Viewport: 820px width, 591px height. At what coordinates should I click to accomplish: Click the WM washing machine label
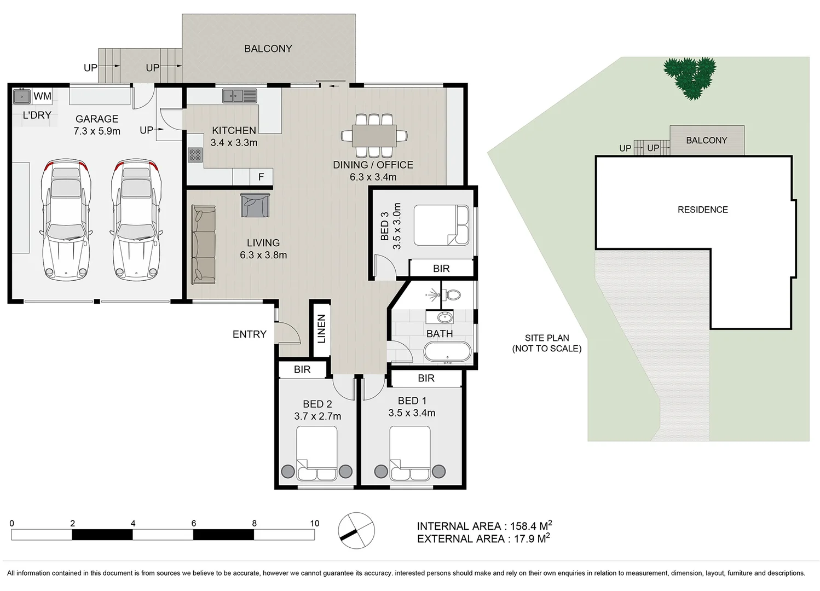42,96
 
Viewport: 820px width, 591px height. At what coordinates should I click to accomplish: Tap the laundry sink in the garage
21,97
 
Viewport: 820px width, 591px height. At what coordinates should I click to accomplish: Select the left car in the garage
66,219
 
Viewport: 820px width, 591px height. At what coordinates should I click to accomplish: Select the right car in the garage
136,219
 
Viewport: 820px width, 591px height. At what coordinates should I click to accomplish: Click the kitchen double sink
239,96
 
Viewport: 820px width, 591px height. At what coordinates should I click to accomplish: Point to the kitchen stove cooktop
195,154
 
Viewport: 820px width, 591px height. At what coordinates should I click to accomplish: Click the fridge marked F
261,177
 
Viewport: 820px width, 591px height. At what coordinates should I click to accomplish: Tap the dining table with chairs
374,135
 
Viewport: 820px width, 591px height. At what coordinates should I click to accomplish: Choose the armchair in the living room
255,205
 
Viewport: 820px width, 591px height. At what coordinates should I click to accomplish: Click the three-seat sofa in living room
203,245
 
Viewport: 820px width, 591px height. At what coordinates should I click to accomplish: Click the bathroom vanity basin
445,317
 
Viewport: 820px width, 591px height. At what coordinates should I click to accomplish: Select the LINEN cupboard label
321,329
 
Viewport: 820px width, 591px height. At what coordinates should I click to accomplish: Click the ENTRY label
249,334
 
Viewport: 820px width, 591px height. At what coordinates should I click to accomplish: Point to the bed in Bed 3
441,225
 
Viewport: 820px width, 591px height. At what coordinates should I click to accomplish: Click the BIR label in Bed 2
302,370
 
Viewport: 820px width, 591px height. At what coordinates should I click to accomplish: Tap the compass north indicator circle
356,530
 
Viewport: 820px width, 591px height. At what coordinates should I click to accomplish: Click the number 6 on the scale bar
194,523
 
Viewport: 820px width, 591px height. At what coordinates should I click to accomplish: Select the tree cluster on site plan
690,78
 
